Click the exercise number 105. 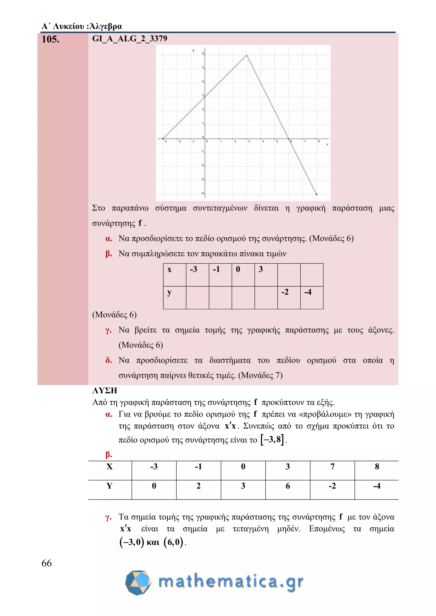coord(50,39)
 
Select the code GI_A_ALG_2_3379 coord(129,39)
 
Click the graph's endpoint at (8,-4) coord(317,194)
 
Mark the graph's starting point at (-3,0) coord(163,139)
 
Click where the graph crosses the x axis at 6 coord(289,139)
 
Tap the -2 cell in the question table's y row coord(289,297)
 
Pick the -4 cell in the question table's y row coord(311,297)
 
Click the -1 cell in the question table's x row coord(220,274)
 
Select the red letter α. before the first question coord(109,238)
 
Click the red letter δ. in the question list coord(109,360)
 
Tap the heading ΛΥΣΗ coord(105,390)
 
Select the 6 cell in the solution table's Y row coord(288,486)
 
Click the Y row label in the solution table coord(110,486)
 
